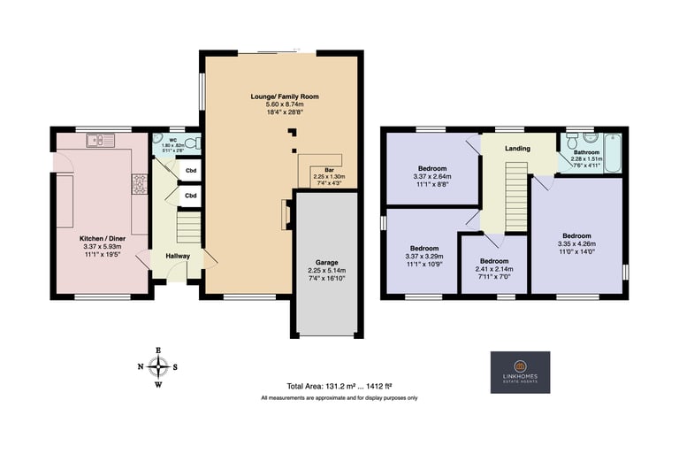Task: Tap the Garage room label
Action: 326,264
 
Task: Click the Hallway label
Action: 177,256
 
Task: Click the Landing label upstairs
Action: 517,149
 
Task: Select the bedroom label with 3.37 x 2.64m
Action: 432,168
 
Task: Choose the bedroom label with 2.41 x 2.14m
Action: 493,261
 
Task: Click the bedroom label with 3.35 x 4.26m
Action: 576,235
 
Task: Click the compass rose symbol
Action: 158,366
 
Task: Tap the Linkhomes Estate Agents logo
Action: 520,373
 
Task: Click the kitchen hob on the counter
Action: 139,183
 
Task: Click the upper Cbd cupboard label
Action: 191,170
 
